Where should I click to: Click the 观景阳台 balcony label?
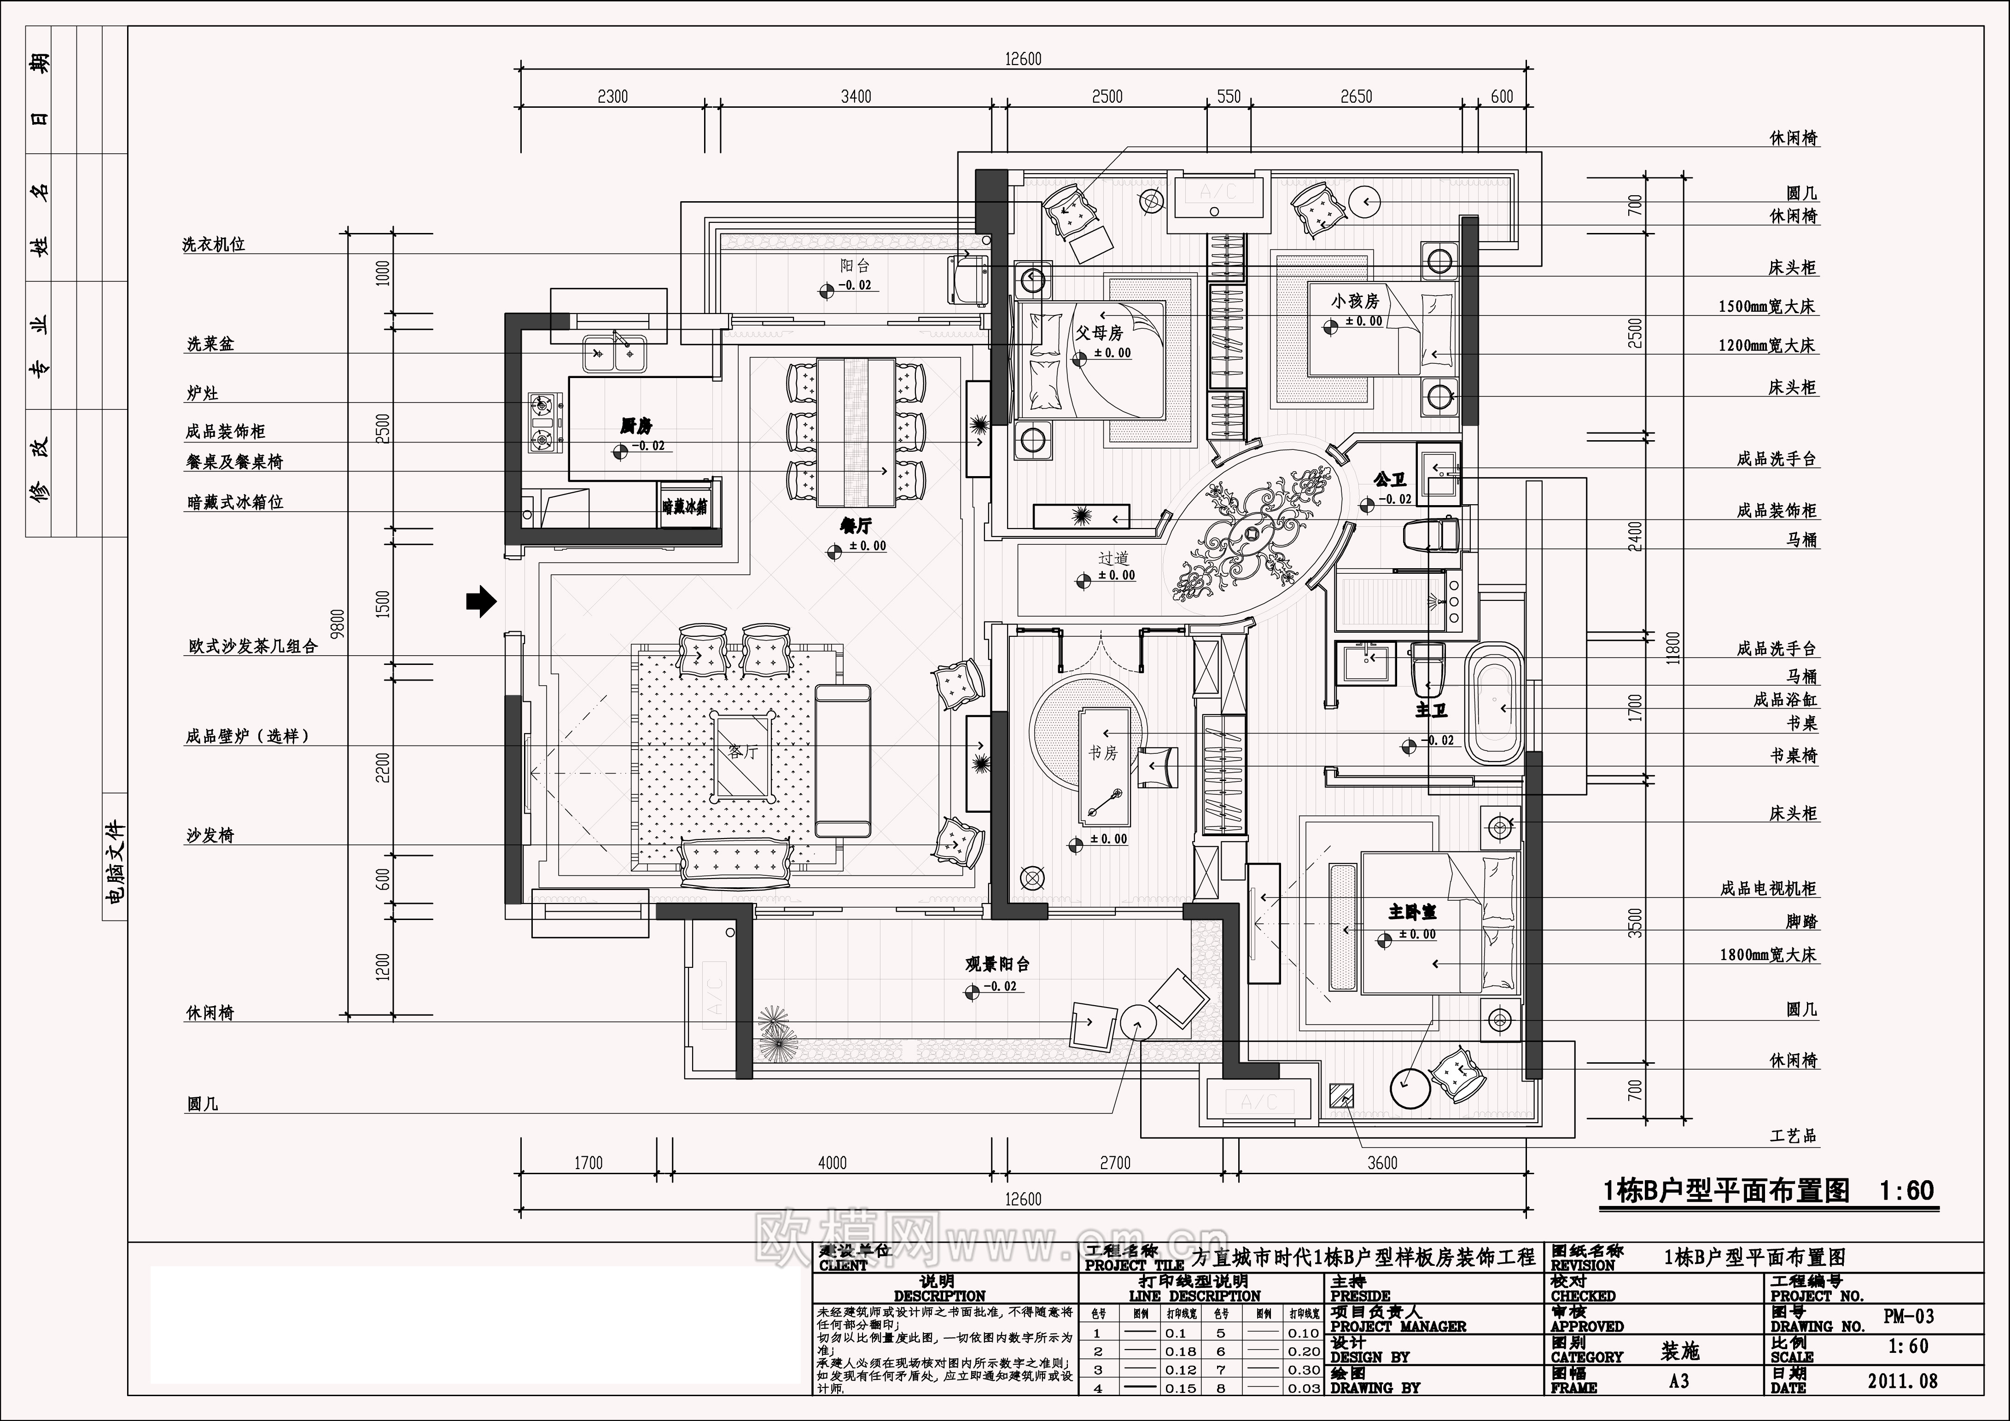pos(997,964)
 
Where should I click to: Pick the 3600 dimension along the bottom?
pos(1382,1163)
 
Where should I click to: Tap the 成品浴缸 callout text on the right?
pos(1785,699)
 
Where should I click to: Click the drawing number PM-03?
pos(1908,1316)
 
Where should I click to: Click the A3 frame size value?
pos(1678,1381)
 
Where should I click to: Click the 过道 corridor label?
pos(1113,558)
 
